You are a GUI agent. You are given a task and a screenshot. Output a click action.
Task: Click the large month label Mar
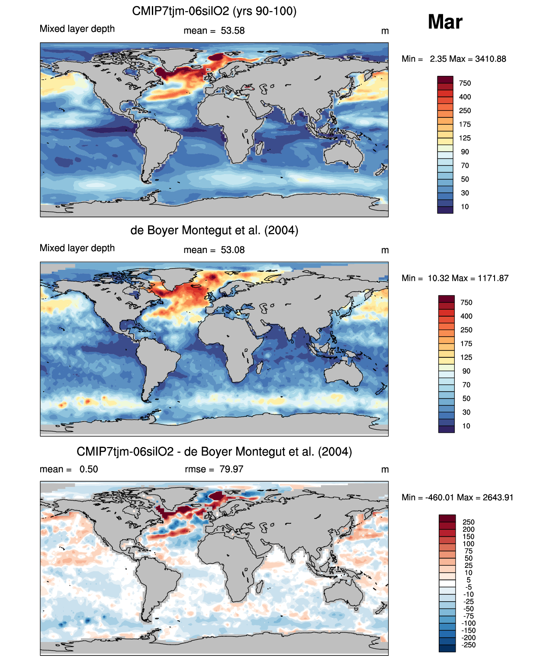coord(445,22)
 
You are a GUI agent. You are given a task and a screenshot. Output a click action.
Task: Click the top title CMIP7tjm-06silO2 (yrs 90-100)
coord(214,11)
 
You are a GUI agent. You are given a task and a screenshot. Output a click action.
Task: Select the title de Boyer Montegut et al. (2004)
coord(214,230)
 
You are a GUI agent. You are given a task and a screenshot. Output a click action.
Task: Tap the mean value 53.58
coord(233,31)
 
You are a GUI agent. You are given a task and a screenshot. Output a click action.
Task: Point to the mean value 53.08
coord(233,250)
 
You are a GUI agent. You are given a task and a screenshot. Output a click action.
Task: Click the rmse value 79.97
coord(231,469)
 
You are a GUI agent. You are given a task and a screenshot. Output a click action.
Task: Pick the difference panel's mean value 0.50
coord(89,469)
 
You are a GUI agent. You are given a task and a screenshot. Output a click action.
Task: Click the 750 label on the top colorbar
coord(465,83)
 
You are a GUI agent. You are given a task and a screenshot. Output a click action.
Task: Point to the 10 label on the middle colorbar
coord(466,426)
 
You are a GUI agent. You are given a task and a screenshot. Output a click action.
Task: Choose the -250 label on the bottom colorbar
coord(469,645)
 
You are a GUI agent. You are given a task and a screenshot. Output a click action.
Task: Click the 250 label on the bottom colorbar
coord(469,522)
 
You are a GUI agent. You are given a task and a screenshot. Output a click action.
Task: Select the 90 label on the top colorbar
coord(465,152)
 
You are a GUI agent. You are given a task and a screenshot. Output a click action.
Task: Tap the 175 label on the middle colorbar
coord(466,344)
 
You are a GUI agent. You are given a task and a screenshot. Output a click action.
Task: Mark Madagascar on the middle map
coord(259,368)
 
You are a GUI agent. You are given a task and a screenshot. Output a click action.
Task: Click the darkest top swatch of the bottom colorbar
coord(447,518)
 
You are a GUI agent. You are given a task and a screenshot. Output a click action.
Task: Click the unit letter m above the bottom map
coord(385,470)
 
